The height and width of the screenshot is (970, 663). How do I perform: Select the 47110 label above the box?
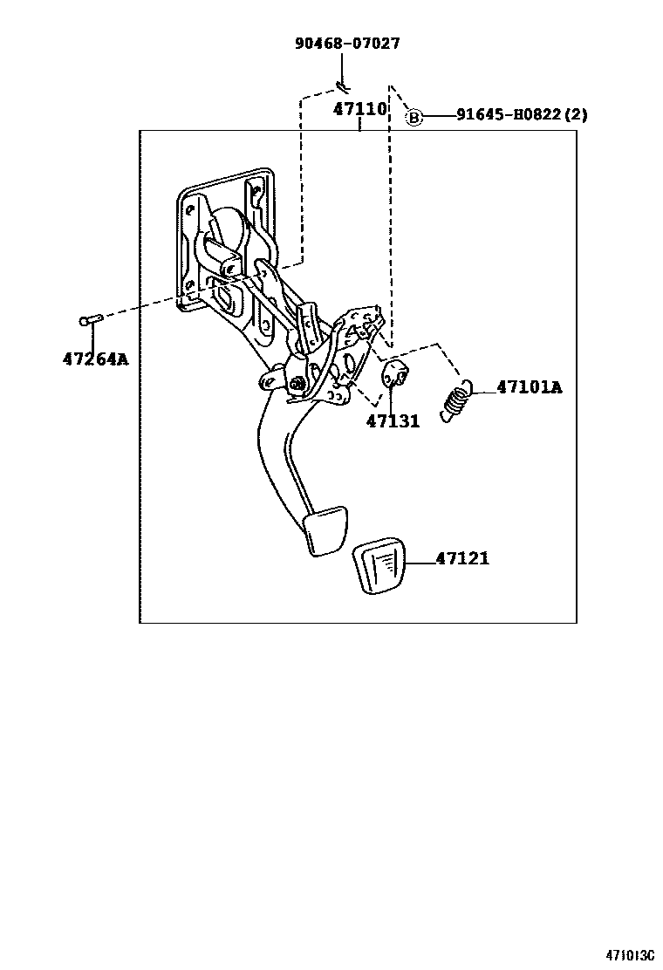[359, 110]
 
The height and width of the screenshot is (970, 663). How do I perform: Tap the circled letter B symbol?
[414, 117]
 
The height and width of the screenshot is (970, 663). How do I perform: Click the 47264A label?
[95, 359]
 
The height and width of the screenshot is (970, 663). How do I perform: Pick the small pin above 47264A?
[92, 320]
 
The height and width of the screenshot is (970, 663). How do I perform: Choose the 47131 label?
[393, 421]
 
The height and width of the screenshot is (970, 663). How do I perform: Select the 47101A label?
[530, 387]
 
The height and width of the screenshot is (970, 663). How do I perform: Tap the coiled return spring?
[458, 401]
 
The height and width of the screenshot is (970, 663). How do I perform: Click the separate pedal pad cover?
[381, 569]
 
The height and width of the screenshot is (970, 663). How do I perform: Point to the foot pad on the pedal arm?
[326, 529]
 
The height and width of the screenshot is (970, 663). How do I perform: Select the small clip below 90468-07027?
[341, 85]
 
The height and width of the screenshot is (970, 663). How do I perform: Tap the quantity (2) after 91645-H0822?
[576, 115]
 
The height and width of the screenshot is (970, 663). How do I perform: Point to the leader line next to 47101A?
[484, 387]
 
